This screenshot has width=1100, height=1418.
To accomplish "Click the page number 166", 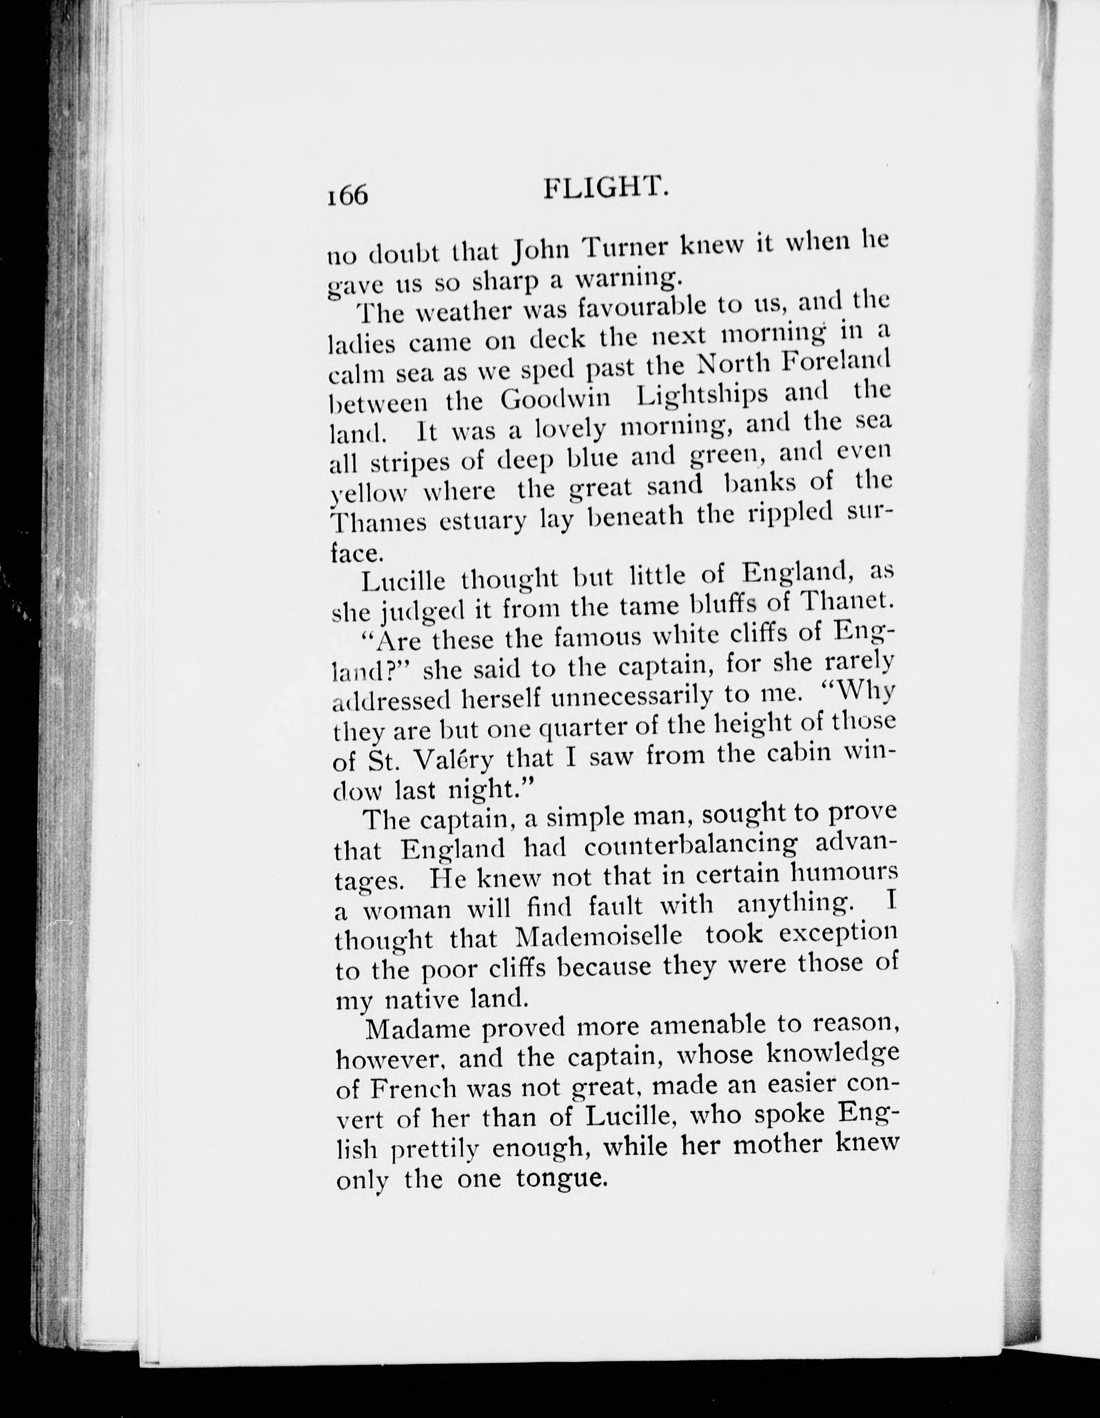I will pyautogui.click(x=348, y=194).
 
